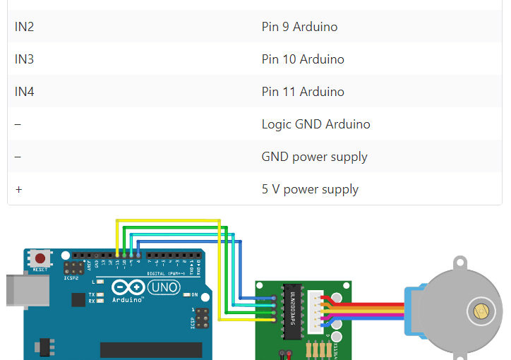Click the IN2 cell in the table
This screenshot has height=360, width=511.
(x=25, y=27)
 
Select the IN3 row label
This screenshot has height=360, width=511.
(x=25, y=59)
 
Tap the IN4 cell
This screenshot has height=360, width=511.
(x=25, y=92)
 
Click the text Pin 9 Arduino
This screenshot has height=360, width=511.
(x=299, y=27)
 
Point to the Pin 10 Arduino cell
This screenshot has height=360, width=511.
(x=303, y=59)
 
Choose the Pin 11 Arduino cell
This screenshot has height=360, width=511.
(x=303, y=92)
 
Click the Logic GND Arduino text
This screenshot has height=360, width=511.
(x=315, y=124)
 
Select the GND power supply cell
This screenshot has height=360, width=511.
(x=314, y=157)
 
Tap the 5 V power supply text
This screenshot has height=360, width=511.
(x=310, y=189)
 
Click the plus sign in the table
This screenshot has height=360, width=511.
(x=18, y=189)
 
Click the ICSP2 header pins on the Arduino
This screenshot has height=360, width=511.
(x=72, y=269)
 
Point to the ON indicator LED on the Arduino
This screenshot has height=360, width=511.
(x=186, y=294)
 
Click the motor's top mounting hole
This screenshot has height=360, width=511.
(x=460, y=264)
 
